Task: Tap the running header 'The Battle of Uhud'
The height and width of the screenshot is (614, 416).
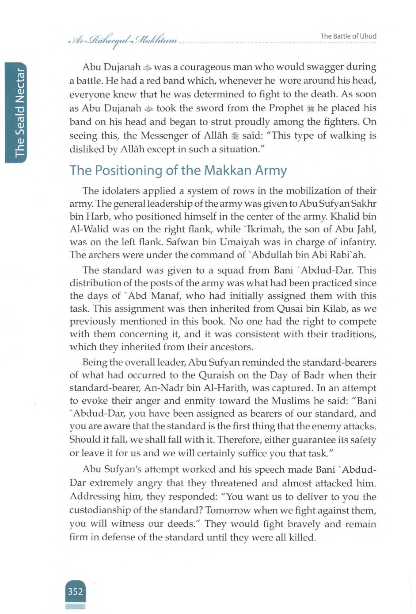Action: pos(348,36)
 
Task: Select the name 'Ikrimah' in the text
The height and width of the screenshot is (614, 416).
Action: pos(266,229)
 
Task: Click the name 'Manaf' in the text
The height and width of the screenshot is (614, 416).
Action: pos(166,296)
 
